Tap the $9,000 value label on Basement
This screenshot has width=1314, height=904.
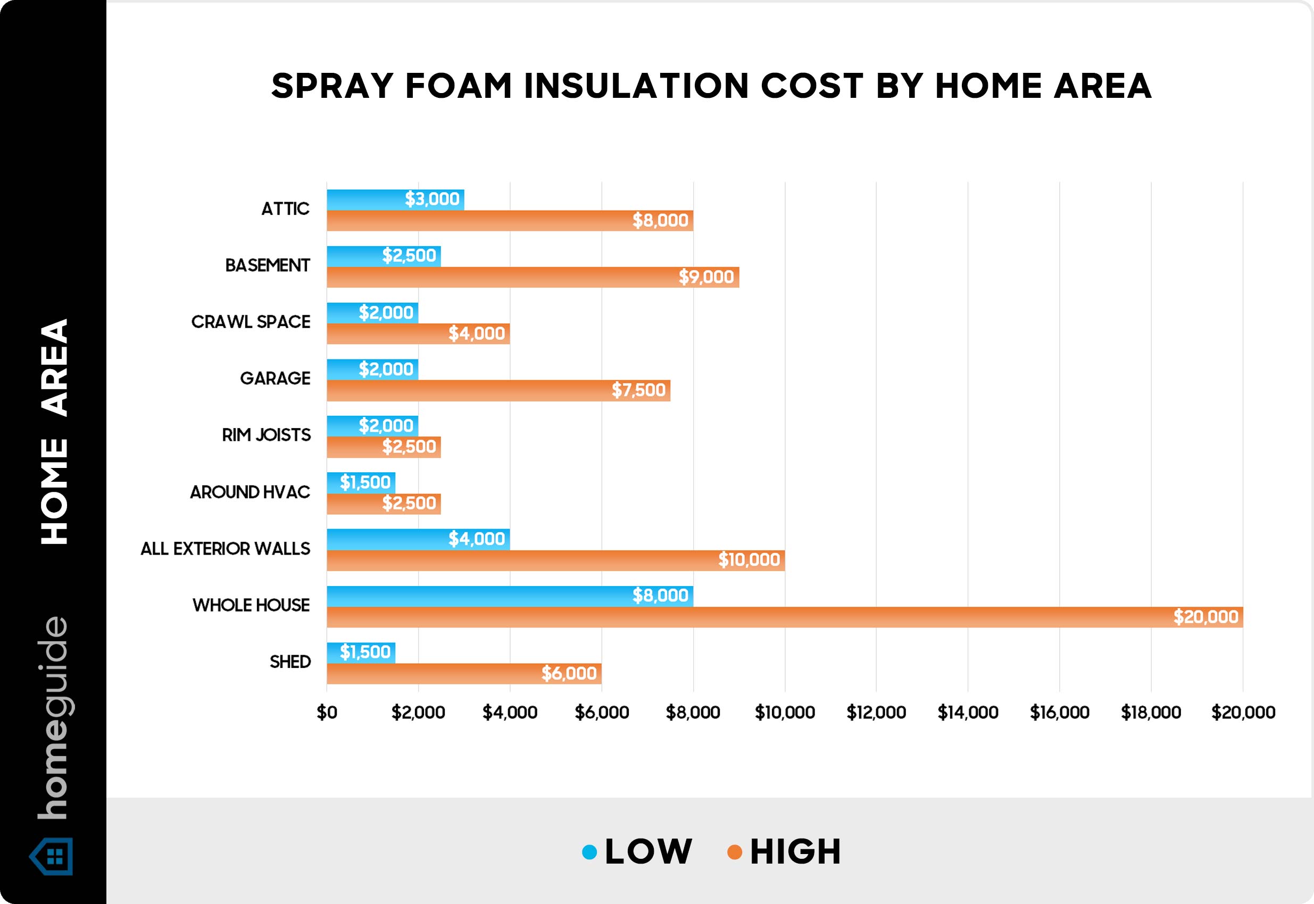(706, 277)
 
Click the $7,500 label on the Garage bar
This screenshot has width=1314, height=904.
(638, 390)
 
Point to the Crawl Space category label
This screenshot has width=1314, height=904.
(251, 322)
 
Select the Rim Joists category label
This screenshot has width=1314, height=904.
(266, 435)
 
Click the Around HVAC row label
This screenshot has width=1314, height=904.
(250, 492)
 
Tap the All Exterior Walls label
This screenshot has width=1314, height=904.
(225, 548)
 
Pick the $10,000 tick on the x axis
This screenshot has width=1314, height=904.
(784, 713)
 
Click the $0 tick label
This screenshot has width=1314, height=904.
(327, 713)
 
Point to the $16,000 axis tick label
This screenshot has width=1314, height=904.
(1059, 713)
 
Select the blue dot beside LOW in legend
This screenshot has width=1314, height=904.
(589, 852)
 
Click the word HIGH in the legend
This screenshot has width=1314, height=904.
(795, 852)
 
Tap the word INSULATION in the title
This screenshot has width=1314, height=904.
(636, 86)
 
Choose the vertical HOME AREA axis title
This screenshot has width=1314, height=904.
(54, 432)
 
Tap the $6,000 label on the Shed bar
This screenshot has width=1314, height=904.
(568, 673)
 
